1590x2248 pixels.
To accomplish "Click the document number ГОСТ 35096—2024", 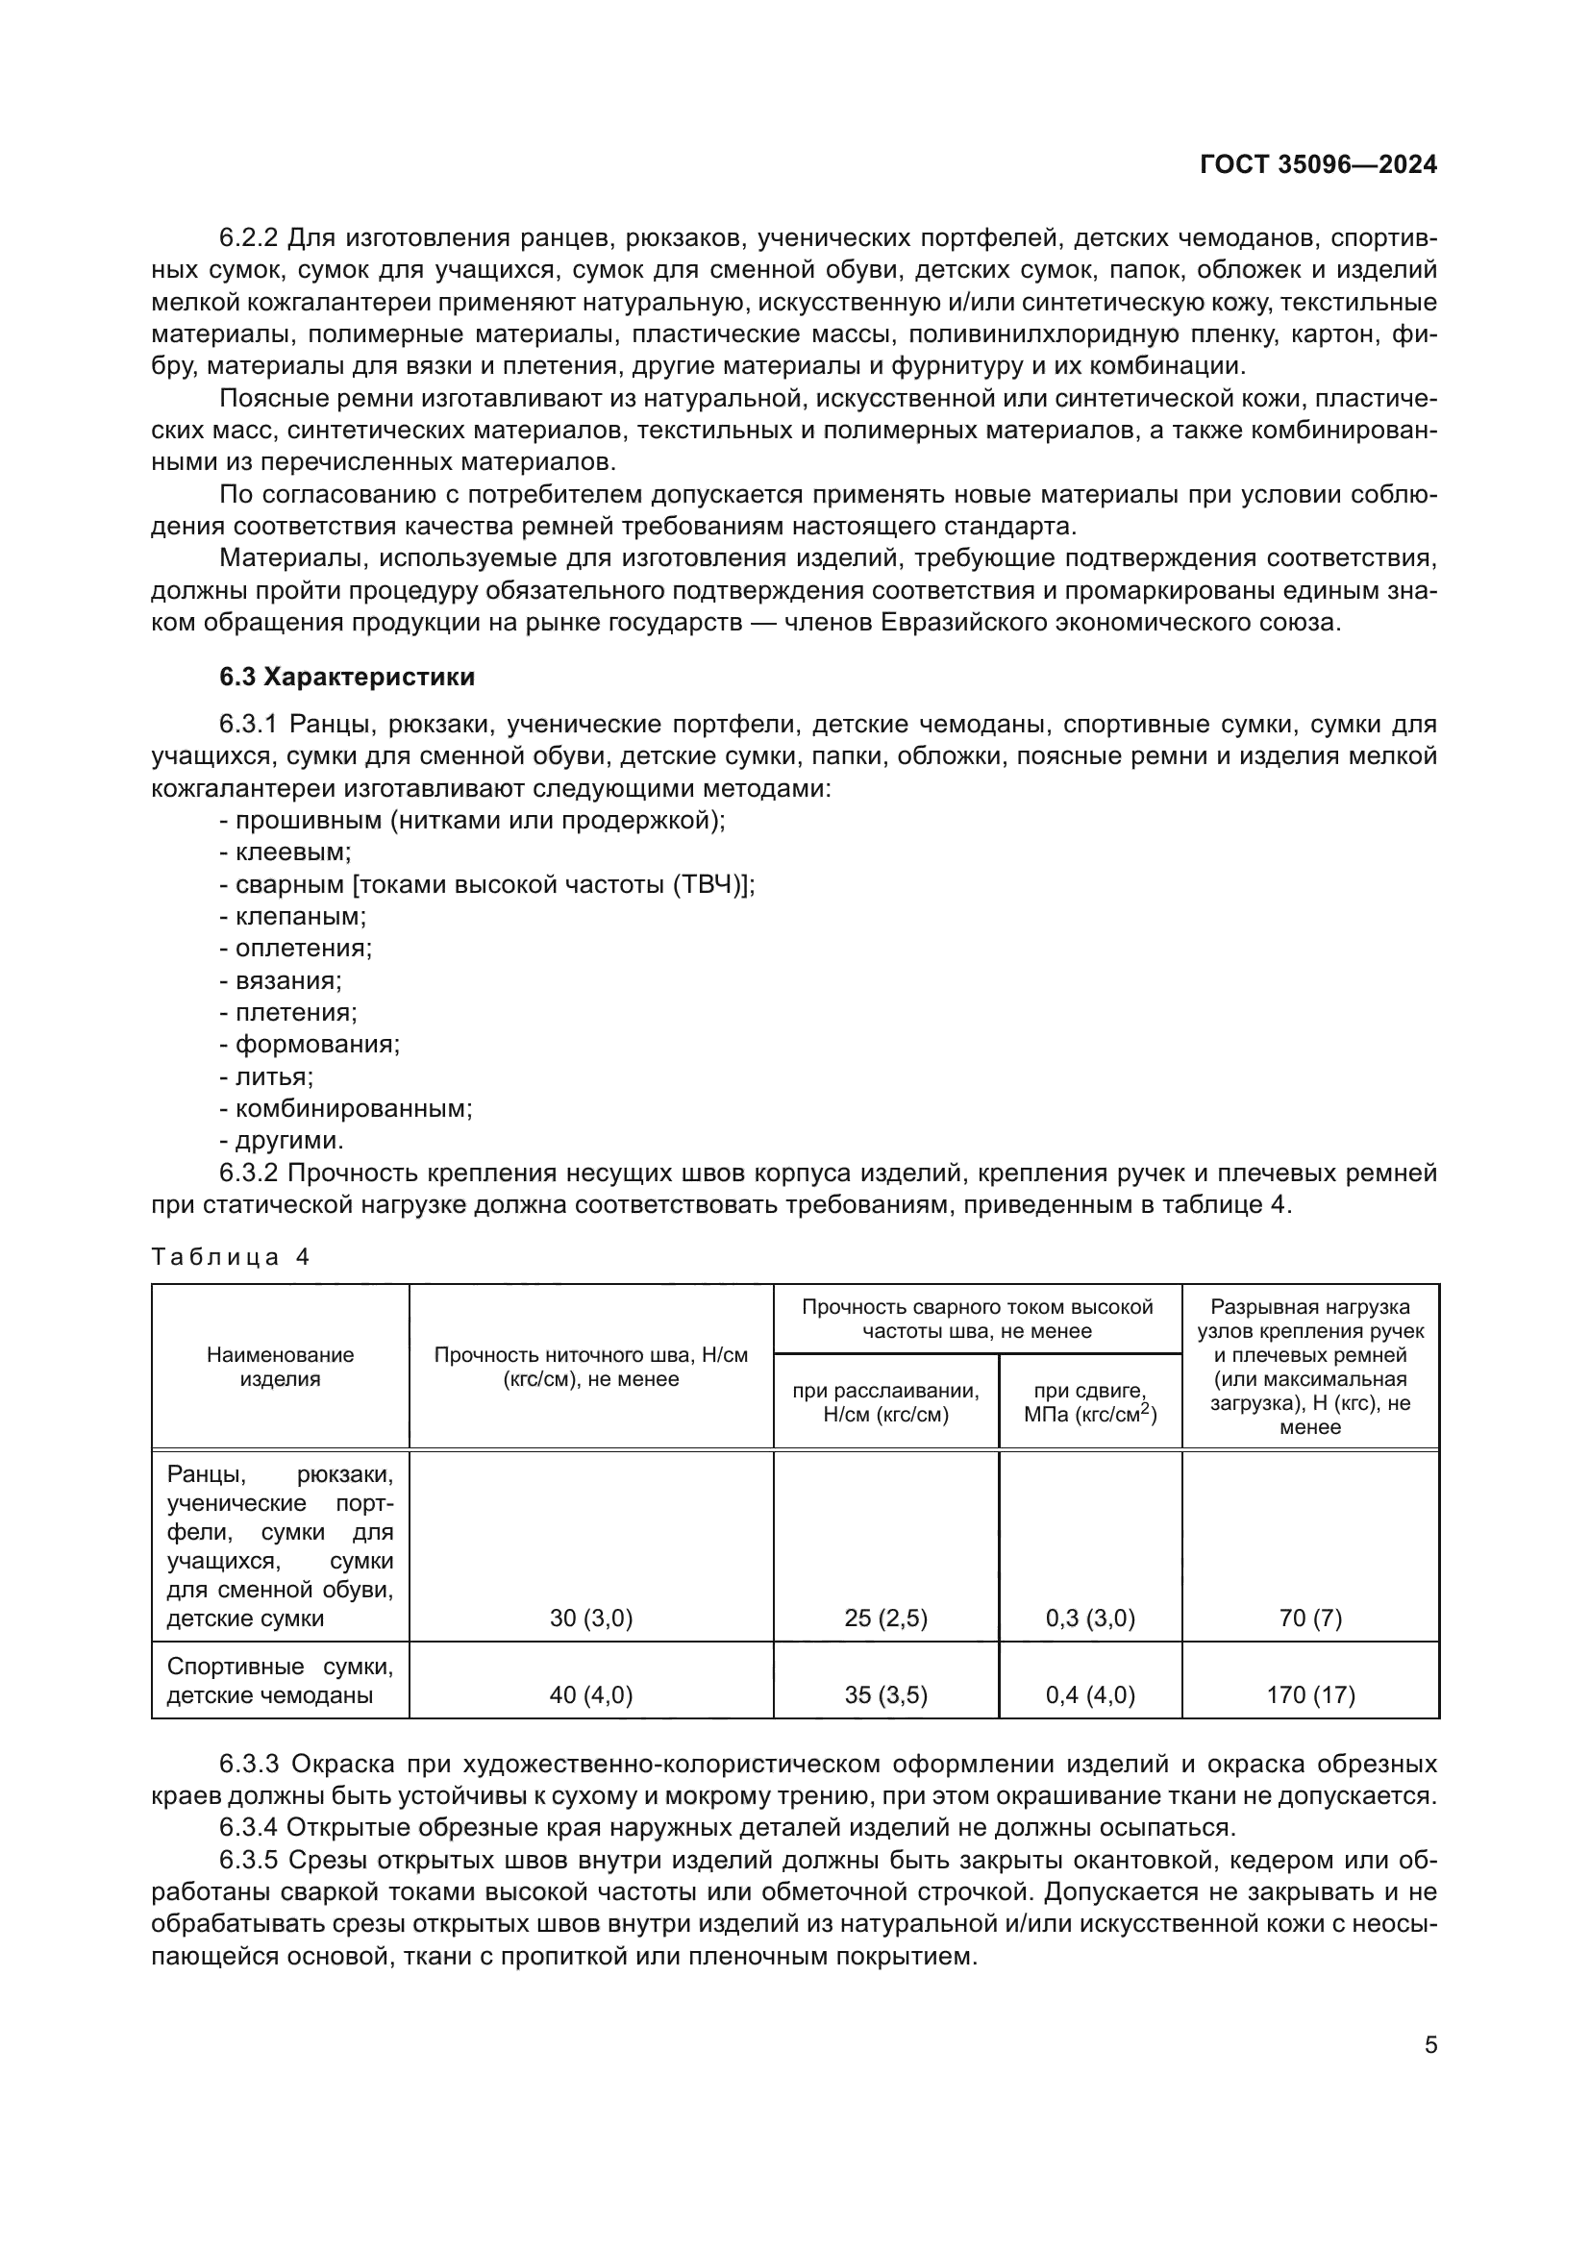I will tap(1318, 164).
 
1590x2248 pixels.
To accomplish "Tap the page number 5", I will tap(1430, 2044).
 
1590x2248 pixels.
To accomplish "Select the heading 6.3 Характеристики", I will tap(348, 677).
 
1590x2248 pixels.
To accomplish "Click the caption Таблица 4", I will tap(231, 1257).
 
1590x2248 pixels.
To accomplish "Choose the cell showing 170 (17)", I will tap(1310, 1694).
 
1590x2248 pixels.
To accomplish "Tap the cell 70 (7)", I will tap(1310, 1618).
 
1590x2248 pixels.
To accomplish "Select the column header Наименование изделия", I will tap(280, 1367).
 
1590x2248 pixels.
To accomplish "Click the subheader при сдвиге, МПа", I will tap(1090, 1403).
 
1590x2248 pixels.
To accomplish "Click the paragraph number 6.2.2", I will tap(250, 238).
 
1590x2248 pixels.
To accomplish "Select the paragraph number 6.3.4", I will tap(250, 1827).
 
